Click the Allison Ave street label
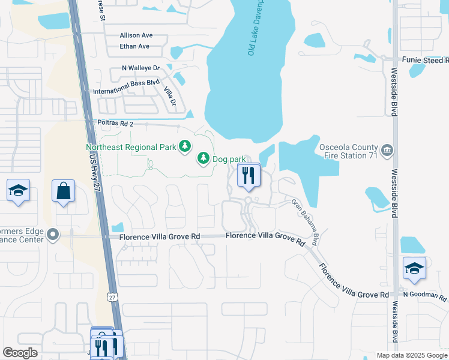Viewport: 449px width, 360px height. tap(136, 35)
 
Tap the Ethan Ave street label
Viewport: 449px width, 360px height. tap(134, 46)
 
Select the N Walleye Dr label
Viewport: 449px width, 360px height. tap(140, 68)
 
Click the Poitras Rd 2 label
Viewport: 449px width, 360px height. tap(115, 123)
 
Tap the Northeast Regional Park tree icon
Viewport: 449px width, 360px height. tap(185, 146)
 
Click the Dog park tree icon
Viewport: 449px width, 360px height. tap(203, 158)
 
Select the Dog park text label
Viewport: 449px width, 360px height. tap(229, 158)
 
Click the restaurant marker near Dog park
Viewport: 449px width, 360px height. tap(249, 176)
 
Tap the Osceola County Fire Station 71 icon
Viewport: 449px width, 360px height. tap(387, 149)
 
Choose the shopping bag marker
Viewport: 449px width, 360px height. tap(63, 191)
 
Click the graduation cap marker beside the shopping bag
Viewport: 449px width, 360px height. tap(18, 191)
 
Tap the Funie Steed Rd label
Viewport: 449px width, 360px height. tap(424, 60)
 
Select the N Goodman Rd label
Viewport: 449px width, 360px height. tap(426, 296)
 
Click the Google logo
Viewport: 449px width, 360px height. tap(20, 353)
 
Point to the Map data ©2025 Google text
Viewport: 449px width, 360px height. tap(412, 355)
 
